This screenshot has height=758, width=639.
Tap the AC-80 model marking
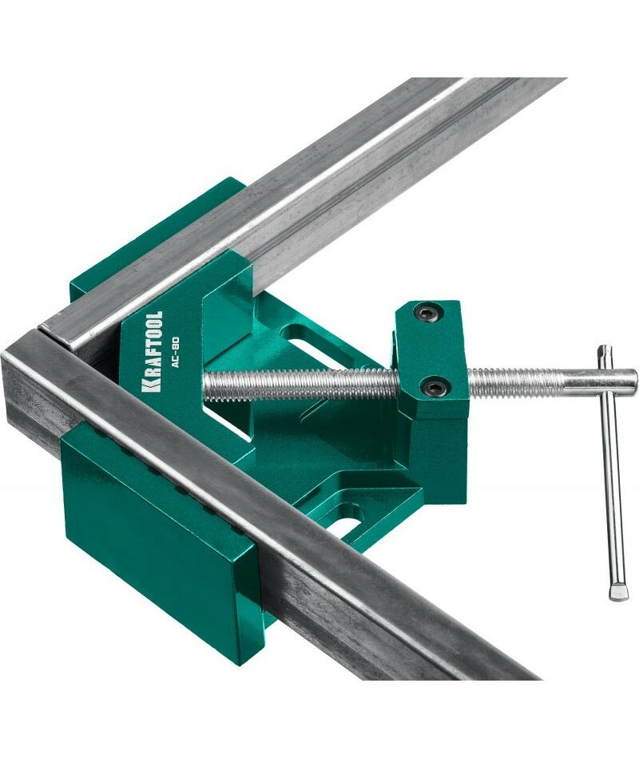tap(176, 352)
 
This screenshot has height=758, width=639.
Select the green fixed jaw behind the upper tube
tap(160, 237)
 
